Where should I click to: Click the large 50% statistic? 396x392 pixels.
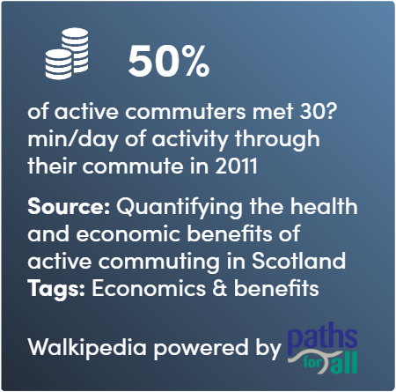coord(169,62)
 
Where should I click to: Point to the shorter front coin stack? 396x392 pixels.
coord(59,64)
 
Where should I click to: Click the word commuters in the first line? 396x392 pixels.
coord(186,112)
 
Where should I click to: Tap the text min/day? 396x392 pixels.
coord(73,139)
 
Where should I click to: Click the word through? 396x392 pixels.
coord(277,139)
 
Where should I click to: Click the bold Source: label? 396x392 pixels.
coord(69,206)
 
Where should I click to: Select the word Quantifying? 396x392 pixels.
coord(180,208)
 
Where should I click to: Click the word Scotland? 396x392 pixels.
coord(298,261)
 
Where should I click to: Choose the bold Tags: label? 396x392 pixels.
coord(56,289)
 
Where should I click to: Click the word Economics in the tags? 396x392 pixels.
coord(149,288)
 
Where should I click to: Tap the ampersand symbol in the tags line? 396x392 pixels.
coord(219,288)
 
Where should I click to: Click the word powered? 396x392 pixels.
coord(201,349)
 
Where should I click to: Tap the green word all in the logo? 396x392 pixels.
coord(346,362)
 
